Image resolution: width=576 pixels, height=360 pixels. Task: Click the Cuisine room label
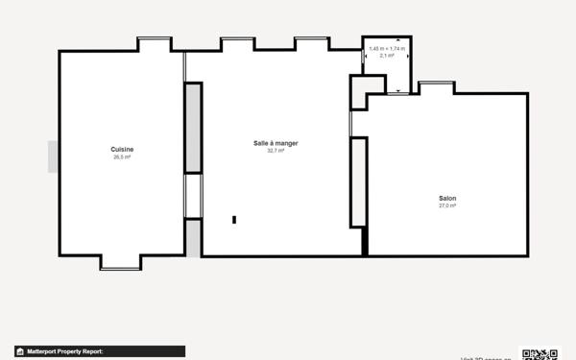(x=122, y=149)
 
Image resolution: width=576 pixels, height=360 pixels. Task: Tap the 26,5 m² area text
(x=122, y=156)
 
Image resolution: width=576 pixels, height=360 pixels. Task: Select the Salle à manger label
(x=276, y=143)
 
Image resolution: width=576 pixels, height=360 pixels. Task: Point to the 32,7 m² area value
(x=276, y=151)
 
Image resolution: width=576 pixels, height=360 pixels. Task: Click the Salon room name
(x=447, y=198)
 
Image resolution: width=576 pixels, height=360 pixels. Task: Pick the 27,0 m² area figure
(x=447, y=205)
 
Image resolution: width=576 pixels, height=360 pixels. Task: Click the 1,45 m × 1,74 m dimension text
(x=387, y=49)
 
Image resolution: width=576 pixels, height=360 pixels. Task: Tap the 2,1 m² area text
(x=387, y=56)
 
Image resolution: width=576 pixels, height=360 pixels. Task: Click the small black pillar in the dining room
(x=234, y=220)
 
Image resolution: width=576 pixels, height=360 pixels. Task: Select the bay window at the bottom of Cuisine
(x=121, y=263)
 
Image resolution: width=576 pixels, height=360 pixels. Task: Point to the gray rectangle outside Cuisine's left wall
(x=53, y=156)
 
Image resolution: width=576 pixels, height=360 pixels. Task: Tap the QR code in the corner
(x=539, y=353)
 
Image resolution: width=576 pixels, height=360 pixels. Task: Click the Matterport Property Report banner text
(x=64, y=352)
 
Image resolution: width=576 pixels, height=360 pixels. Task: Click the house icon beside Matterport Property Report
(x=19, y=352)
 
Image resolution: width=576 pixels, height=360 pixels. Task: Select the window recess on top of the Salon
(x=436, y=86)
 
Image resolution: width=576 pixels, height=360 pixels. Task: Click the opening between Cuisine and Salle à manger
(x=193, y=196)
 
